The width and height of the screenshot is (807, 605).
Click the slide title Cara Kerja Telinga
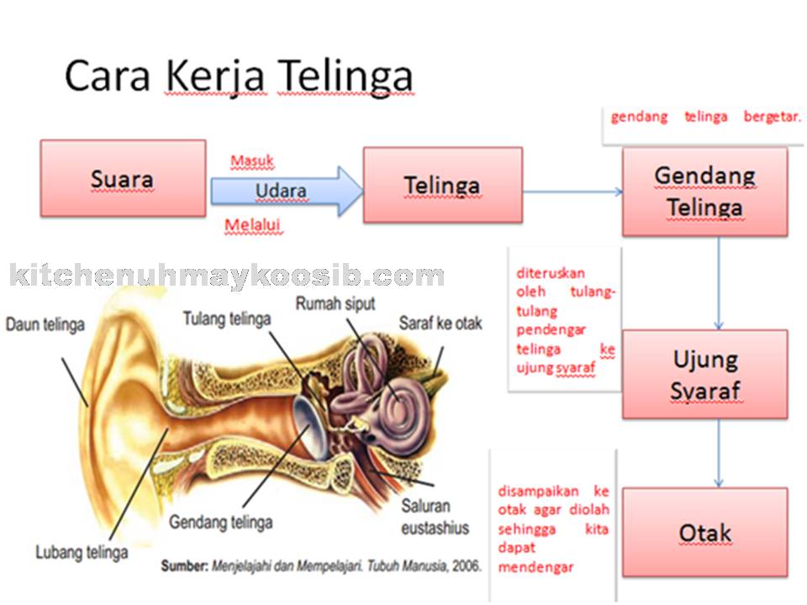[239, 76]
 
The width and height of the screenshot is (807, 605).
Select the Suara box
[123, 179]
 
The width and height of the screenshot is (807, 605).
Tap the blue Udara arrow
[286, 191]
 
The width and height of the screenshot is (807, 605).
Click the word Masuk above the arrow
[252, 160]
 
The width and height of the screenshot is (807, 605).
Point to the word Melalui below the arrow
[252, 224]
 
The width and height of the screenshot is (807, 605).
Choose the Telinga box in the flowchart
[442, 185]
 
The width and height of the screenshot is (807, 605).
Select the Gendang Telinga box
[704, 192]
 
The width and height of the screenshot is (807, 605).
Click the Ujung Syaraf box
[704, 374]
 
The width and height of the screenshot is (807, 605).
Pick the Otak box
[704, 533]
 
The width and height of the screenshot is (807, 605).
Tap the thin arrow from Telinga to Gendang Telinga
[572, 192]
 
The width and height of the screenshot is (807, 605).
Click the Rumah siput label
[335, 302]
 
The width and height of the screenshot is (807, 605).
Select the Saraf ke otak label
[440, 323]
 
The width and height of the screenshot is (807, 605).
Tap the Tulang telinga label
[227, 319]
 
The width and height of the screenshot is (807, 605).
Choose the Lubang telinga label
[82, 552]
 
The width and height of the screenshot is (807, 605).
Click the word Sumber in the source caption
[185, 566]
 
